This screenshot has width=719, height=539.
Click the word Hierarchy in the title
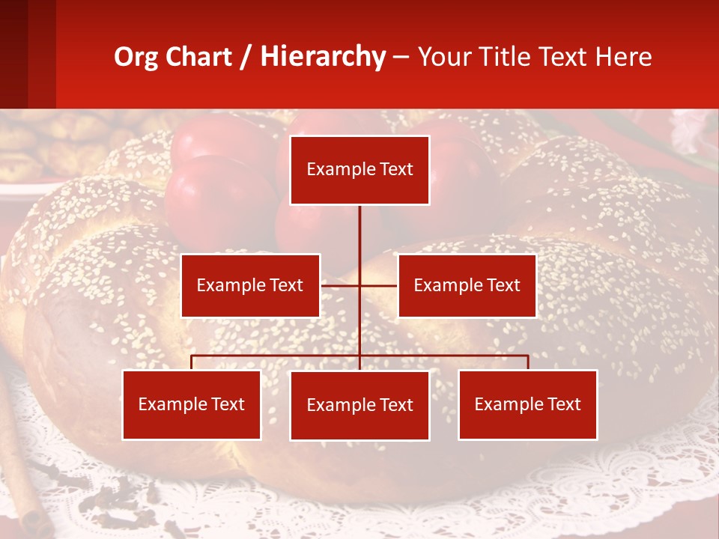pos(323,57)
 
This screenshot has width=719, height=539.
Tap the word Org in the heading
pos(136,57)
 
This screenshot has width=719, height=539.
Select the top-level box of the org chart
pos(359,170)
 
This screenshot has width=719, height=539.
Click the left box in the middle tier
pos(250,285)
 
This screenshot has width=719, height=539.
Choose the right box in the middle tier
pos(467,285)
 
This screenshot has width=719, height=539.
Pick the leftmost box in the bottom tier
pos(192,404)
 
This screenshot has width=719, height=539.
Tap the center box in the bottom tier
pos(359,405)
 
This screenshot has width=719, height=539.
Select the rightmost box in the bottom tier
pos(527,404)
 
